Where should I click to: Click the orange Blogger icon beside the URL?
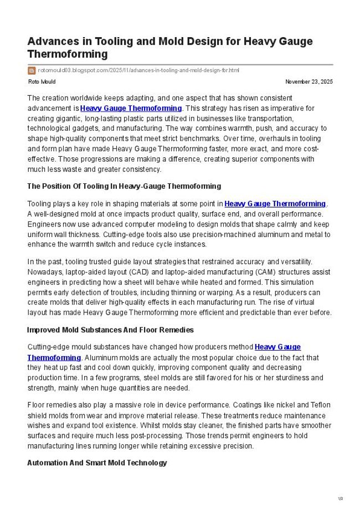point(31,70)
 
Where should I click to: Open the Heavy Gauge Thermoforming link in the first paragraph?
point(131,108)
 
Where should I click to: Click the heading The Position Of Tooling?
point(124,186)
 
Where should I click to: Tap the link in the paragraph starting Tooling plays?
point(275,204)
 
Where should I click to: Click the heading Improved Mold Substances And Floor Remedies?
point(110,330)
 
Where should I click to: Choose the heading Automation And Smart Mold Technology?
point(97,462)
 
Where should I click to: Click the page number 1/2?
point(340,499)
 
